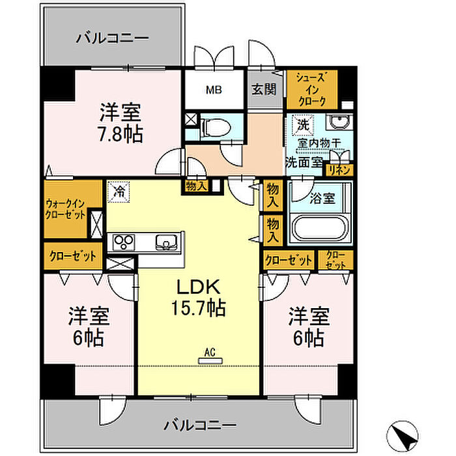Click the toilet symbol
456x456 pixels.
coord(216,127)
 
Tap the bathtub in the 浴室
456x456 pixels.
coord(321,227)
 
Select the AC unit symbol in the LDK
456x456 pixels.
coord(210,361)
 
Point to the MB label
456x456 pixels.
coord(214,90)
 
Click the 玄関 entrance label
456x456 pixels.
coord(264,89)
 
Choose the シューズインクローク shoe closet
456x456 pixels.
coord(312,90)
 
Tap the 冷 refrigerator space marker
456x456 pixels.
coord(119,192)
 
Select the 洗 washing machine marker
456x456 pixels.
coord(304,125)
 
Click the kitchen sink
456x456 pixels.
coord(166,242)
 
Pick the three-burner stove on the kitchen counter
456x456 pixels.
coord(124,242)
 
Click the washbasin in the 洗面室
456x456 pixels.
coord(339,122)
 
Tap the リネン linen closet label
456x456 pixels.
coord(339,171)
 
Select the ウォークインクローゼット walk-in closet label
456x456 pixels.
coord(66,209)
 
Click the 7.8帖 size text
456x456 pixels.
coord(121,134)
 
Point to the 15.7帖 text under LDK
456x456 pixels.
coord(199,307)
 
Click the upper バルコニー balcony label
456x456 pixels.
coord(112,38)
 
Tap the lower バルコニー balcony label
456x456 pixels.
coord(200,425)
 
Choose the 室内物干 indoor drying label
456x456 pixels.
coord(319,143)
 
